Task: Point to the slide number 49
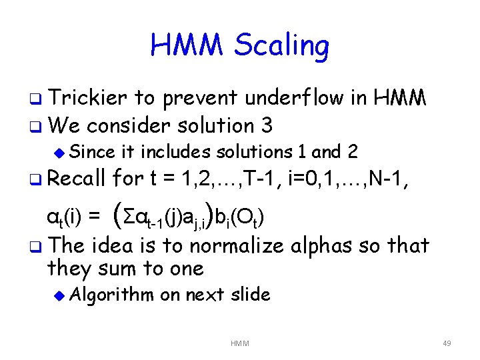(x=447, y=343)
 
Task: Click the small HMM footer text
(x=239, y=343)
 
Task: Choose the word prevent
(x=199, y=99)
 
